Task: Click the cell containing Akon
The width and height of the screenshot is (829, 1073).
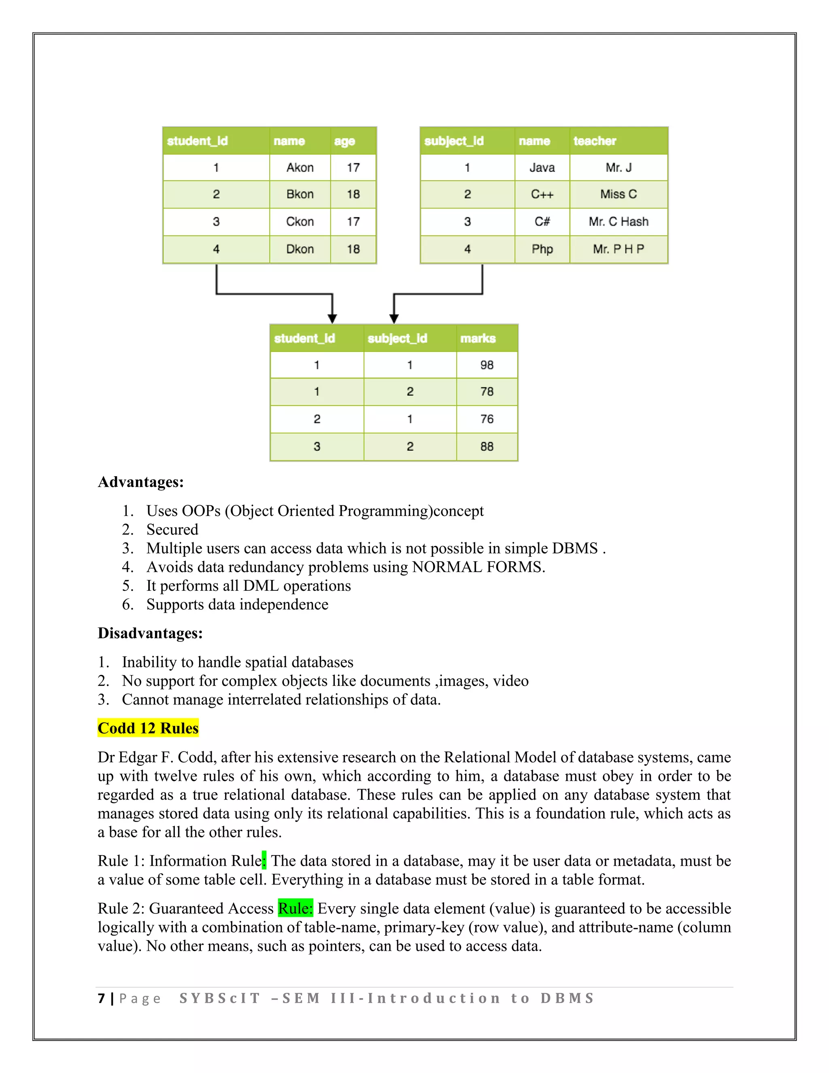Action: pos(300,168)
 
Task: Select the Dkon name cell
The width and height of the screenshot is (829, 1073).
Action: pos(300,249)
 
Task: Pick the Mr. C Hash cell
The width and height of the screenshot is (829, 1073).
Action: pos(619,221)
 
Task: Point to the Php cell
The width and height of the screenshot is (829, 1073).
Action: pos(542,249)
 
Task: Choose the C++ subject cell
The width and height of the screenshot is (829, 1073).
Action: pos(542,194)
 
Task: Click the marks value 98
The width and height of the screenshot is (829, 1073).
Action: pos(487,365)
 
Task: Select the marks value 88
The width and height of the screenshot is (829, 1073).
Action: pos(487,447)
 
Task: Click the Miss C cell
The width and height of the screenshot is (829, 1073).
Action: pos(619,194)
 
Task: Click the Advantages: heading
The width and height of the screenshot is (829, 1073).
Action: pos(141,482)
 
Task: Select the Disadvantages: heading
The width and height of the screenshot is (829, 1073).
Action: pos(150,633)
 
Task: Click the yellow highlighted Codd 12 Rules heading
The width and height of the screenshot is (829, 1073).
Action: pos(148,728)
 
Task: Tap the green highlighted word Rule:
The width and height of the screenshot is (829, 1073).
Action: pos(295,909)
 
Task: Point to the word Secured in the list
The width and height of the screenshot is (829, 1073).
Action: pos(172,530)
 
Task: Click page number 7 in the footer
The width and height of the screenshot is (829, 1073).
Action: pos(102,998)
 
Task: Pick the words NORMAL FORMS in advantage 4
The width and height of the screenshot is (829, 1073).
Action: pos(476,567)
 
